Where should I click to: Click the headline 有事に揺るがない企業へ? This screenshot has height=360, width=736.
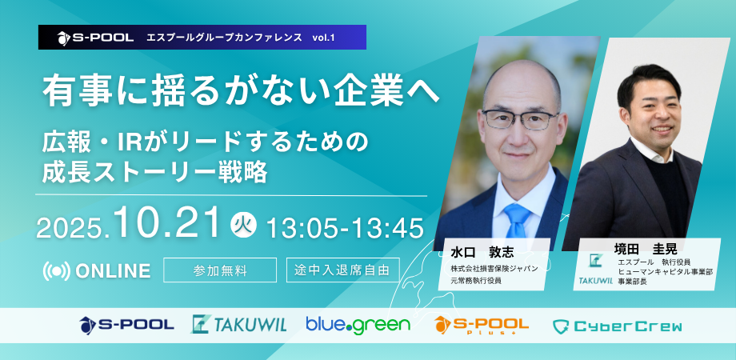(x=242, y=90)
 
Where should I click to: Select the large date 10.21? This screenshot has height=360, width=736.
(x=169, y=223)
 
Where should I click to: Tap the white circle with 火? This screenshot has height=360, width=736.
(x=244, y=225)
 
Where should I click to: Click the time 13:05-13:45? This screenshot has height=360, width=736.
(x=345, y=228)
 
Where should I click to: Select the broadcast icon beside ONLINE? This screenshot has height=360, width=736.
(x=56, y=271)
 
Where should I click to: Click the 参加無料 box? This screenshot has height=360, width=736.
(x=220, y=270)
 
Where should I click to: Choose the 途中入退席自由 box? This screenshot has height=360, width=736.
(x=342, y=270)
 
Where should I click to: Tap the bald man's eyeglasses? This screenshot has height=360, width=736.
(x=518, y=118)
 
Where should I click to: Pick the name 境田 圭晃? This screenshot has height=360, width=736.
(x=646, y=248)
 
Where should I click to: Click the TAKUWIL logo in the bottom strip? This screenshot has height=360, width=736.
(x=239, y=324)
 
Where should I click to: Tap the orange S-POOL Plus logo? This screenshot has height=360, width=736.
(x=481, y=325)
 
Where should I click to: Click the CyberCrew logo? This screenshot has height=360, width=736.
(x=618, y=326)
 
